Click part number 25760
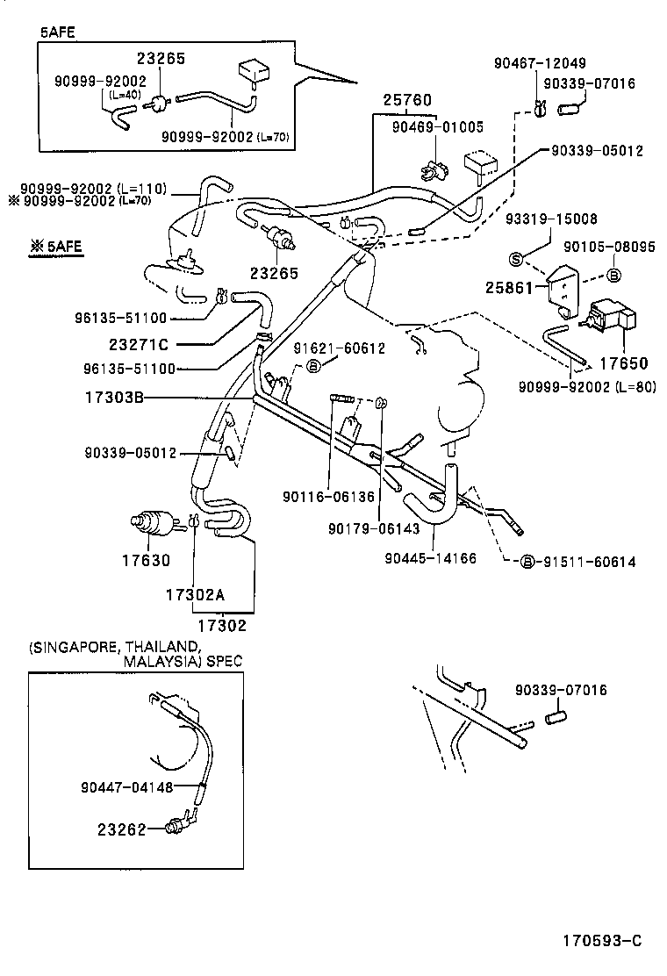point(407,100)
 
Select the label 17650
point(623,361)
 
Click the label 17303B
point(114,398)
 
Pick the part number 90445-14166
point(431,558)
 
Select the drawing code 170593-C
point(602,941)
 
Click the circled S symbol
point(516,258)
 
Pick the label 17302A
point(195,594)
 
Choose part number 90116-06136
point(328,497)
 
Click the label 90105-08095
point(609,248)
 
